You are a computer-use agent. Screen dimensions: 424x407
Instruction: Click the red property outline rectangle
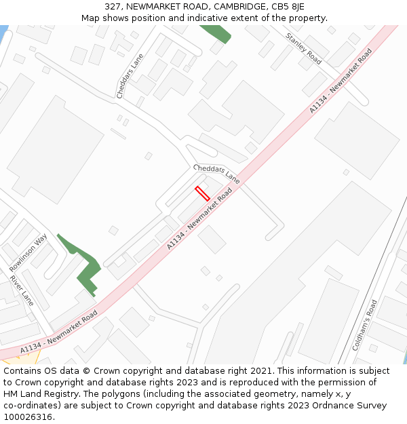(x=202, y=193)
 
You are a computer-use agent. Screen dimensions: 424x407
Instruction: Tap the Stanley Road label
(x=303, y=48)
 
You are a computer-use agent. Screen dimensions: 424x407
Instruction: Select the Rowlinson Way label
(x=28, y=252)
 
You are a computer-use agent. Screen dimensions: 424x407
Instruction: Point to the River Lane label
(x=22, y=290)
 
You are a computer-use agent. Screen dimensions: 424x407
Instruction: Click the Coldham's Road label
(x=364, y=324)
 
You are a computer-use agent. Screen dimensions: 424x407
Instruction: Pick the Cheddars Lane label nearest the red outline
(x=216, y=174)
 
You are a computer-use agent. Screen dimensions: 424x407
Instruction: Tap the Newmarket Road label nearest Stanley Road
(x=341, y=80)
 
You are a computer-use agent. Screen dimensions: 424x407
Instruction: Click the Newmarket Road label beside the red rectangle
(x=199, y=218)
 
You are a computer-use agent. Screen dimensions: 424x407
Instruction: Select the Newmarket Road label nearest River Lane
(x=59, y=332)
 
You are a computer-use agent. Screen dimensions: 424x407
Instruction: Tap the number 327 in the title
(x=114, y=6)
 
